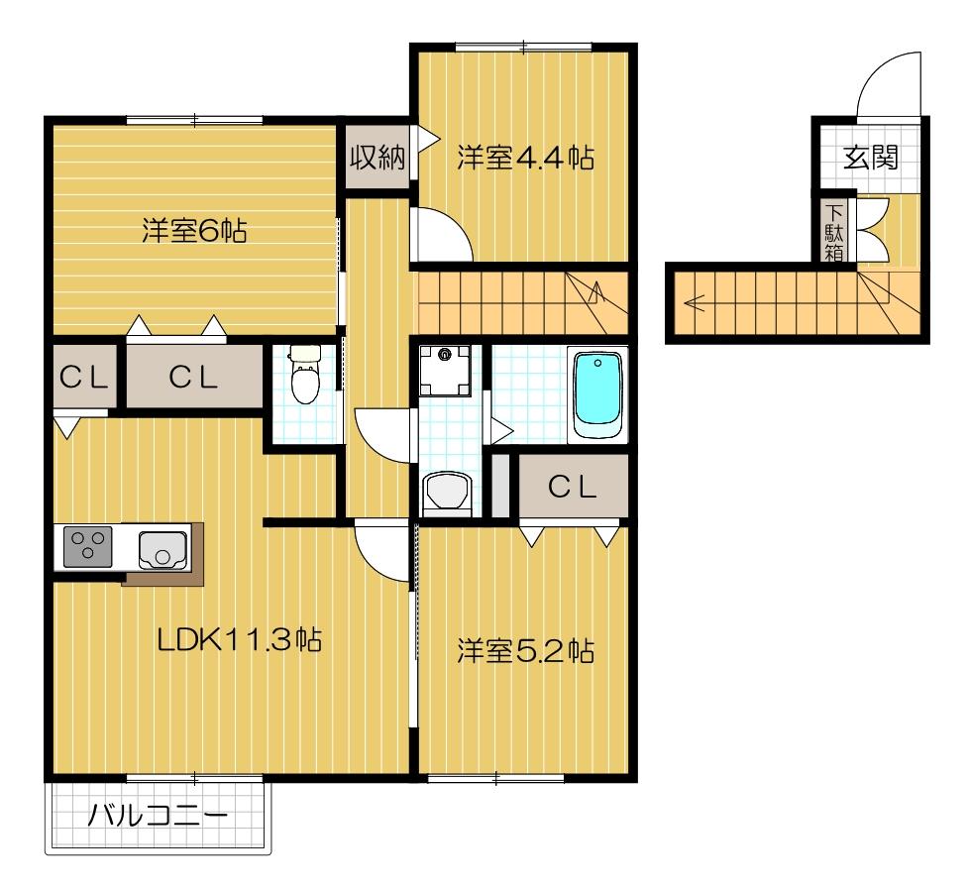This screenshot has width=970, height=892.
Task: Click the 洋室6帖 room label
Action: (194, 232)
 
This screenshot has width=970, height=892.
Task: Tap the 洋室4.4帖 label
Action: (525, 158)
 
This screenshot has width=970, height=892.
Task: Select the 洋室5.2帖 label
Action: (525, 651)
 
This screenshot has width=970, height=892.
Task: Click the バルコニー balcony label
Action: (159, 817)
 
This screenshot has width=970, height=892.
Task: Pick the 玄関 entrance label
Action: (871, 159)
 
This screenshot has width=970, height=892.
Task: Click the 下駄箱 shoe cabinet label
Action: (834, 232)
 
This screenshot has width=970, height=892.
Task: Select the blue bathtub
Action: (596, 394)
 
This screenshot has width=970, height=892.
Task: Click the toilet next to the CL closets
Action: (305, 377)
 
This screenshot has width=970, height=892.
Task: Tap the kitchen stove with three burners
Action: (88, 546)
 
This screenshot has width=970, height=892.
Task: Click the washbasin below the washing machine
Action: (447, 492)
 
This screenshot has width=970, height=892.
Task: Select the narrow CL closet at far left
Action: (83, 378)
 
